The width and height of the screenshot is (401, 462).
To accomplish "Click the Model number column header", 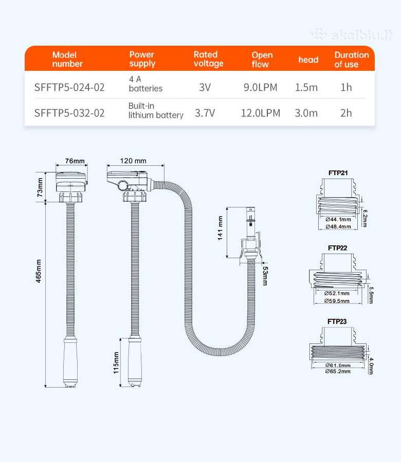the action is click(x=67, y=59).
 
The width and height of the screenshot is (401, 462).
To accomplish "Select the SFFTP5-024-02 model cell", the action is click(x=69, y=87).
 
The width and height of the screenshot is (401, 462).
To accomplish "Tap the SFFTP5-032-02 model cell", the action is click(x=69, y=113).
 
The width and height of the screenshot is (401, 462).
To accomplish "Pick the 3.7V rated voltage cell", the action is click(x=205, y=113).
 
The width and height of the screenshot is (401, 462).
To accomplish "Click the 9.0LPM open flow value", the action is click(x=260, y=87).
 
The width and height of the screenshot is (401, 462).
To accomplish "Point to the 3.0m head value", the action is click(x=306, y=113).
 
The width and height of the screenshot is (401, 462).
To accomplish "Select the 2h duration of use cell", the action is click(x=346, y=113).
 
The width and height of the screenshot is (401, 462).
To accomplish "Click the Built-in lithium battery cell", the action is click(x=156, y=110).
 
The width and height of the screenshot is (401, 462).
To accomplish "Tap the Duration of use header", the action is click(x=352, y=60).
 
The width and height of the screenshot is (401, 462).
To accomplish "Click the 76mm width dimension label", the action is click(x=75, y=161).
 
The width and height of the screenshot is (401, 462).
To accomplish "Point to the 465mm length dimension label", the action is click(x=39, y=271).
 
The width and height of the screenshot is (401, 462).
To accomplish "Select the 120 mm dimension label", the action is click(x=133, y=161).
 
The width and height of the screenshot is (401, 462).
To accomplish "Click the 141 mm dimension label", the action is click(x=220, y=228).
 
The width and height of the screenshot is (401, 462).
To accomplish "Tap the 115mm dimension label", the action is click(x=116, y=363).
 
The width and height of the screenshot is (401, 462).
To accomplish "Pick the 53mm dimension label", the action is click(x=265, y=276).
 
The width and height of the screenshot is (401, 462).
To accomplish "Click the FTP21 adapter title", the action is click(x=338, y=173).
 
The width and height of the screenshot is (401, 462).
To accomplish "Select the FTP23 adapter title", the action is click(x=337, y=321).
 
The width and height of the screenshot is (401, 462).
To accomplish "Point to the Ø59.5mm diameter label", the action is click(x=337, y=301).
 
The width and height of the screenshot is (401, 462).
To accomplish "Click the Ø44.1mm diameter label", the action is click(x=338, y=220).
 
